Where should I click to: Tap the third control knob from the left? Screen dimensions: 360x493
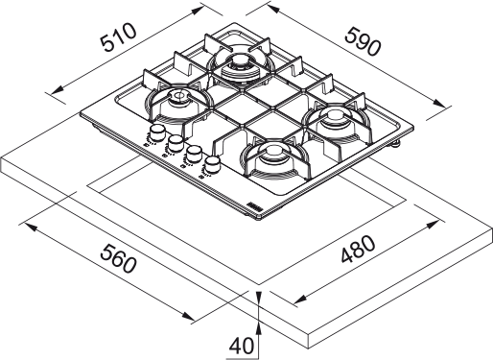193,154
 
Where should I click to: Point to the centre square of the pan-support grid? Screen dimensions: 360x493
256,107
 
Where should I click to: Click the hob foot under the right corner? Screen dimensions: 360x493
396,143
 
